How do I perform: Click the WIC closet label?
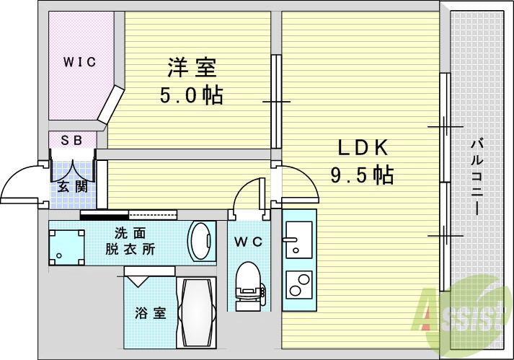coord(79,62)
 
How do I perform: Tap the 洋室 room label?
coord(191,69)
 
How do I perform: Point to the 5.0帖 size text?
coord(191,95)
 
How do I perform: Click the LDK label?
coord(363,148)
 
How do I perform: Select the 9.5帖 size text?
coord(362,175)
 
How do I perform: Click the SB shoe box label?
coord(71,140)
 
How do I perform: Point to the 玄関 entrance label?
coord(72,187)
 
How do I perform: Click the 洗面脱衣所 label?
coord(133,241)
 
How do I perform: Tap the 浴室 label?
coord(151,313)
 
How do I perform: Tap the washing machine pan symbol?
coord(68,244)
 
